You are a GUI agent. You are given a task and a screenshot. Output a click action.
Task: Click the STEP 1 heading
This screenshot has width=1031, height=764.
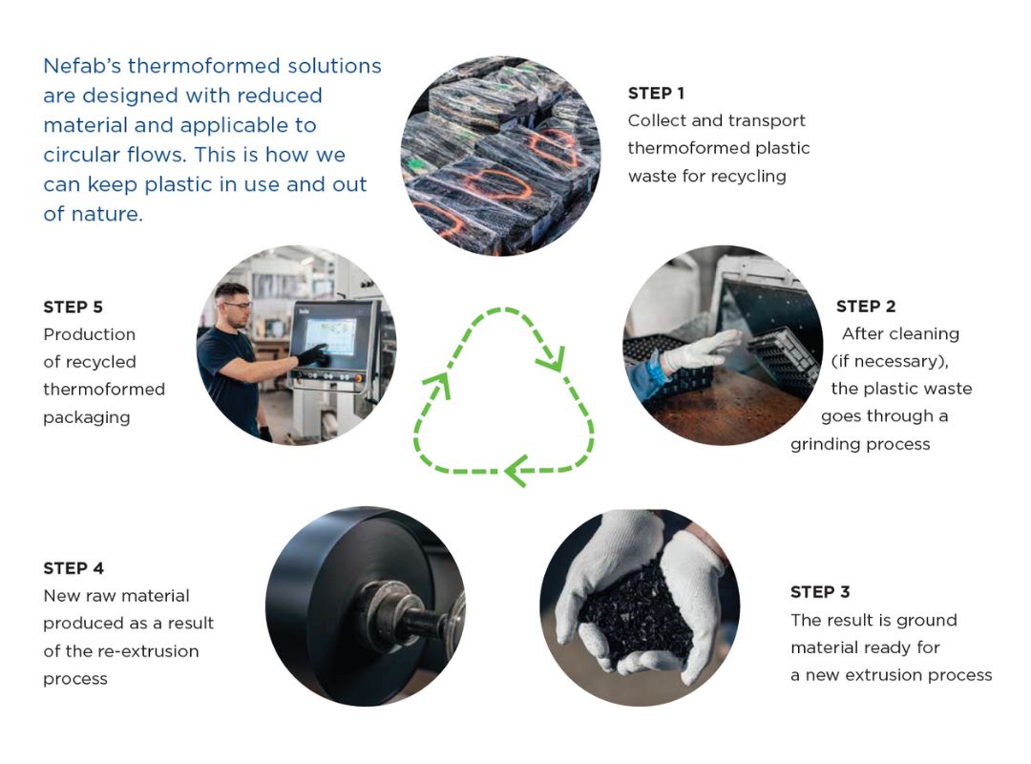[656, 93]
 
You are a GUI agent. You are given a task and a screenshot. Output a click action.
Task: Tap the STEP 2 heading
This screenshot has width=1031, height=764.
[865, 306]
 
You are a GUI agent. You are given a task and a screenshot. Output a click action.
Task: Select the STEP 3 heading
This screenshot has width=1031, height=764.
[820, 591]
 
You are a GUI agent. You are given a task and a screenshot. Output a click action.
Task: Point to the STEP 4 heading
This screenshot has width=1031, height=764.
[73, 568]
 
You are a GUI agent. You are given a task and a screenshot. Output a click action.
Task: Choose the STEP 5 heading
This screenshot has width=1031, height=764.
[73, 307]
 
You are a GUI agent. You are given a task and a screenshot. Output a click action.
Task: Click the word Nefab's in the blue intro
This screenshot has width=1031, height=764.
[82, 66]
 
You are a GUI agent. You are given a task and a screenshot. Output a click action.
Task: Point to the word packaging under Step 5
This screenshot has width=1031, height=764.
[86, 418]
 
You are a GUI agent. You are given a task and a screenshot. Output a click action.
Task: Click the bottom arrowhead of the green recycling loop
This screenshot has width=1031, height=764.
[516, 471]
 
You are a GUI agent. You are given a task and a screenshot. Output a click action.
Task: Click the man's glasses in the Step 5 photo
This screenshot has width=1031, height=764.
[238, 305]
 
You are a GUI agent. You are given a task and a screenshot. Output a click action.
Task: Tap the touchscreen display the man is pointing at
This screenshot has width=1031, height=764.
[331, 336]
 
